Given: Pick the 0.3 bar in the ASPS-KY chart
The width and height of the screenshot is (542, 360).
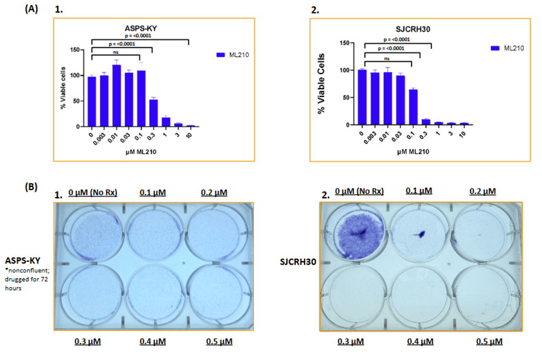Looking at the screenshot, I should tap(153, 113).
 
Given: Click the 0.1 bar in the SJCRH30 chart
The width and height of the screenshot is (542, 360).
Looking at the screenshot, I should tap(413, 107).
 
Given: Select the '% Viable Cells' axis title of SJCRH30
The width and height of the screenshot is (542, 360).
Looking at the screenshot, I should tap(322, 86).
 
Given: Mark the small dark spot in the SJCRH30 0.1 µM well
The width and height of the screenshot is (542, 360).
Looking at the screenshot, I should tap(420, 234).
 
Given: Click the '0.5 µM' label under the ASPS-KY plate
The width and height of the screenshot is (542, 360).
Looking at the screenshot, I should tap(220, 342).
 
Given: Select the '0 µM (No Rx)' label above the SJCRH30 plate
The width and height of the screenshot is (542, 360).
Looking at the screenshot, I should tap(359, 191).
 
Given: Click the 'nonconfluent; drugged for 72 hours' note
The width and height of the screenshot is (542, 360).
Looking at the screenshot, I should tap(26, 278).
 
